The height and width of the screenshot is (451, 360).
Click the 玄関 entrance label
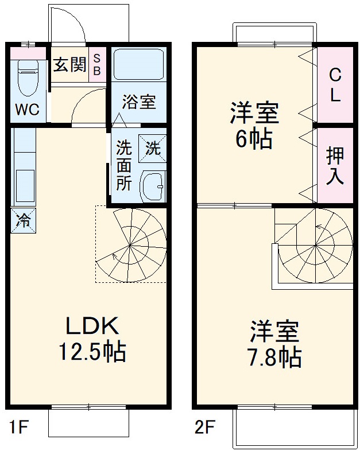(69, 64)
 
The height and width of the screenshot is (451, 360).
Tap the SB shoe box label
(97, 64)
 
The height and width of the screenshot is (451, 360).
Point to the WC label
(27, 110)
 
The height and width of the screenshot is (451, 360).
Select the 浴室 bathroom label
(138, 103)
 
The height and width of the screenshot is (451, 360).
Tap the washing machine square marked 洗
(153, 148)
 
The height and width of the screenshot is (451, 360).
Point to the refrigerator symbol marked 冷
(23, 220)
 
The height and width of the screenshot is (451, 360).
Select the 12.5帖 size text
(92, 351)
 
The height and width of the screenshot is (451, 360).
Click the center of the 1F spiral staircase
(130, 246)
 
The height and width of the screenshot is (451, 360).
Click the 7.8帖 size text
(274, 357)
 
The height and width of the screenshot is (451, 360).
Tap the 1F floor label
(18, 427)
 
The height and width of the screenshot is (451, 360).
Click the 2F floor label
(204, 427)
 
